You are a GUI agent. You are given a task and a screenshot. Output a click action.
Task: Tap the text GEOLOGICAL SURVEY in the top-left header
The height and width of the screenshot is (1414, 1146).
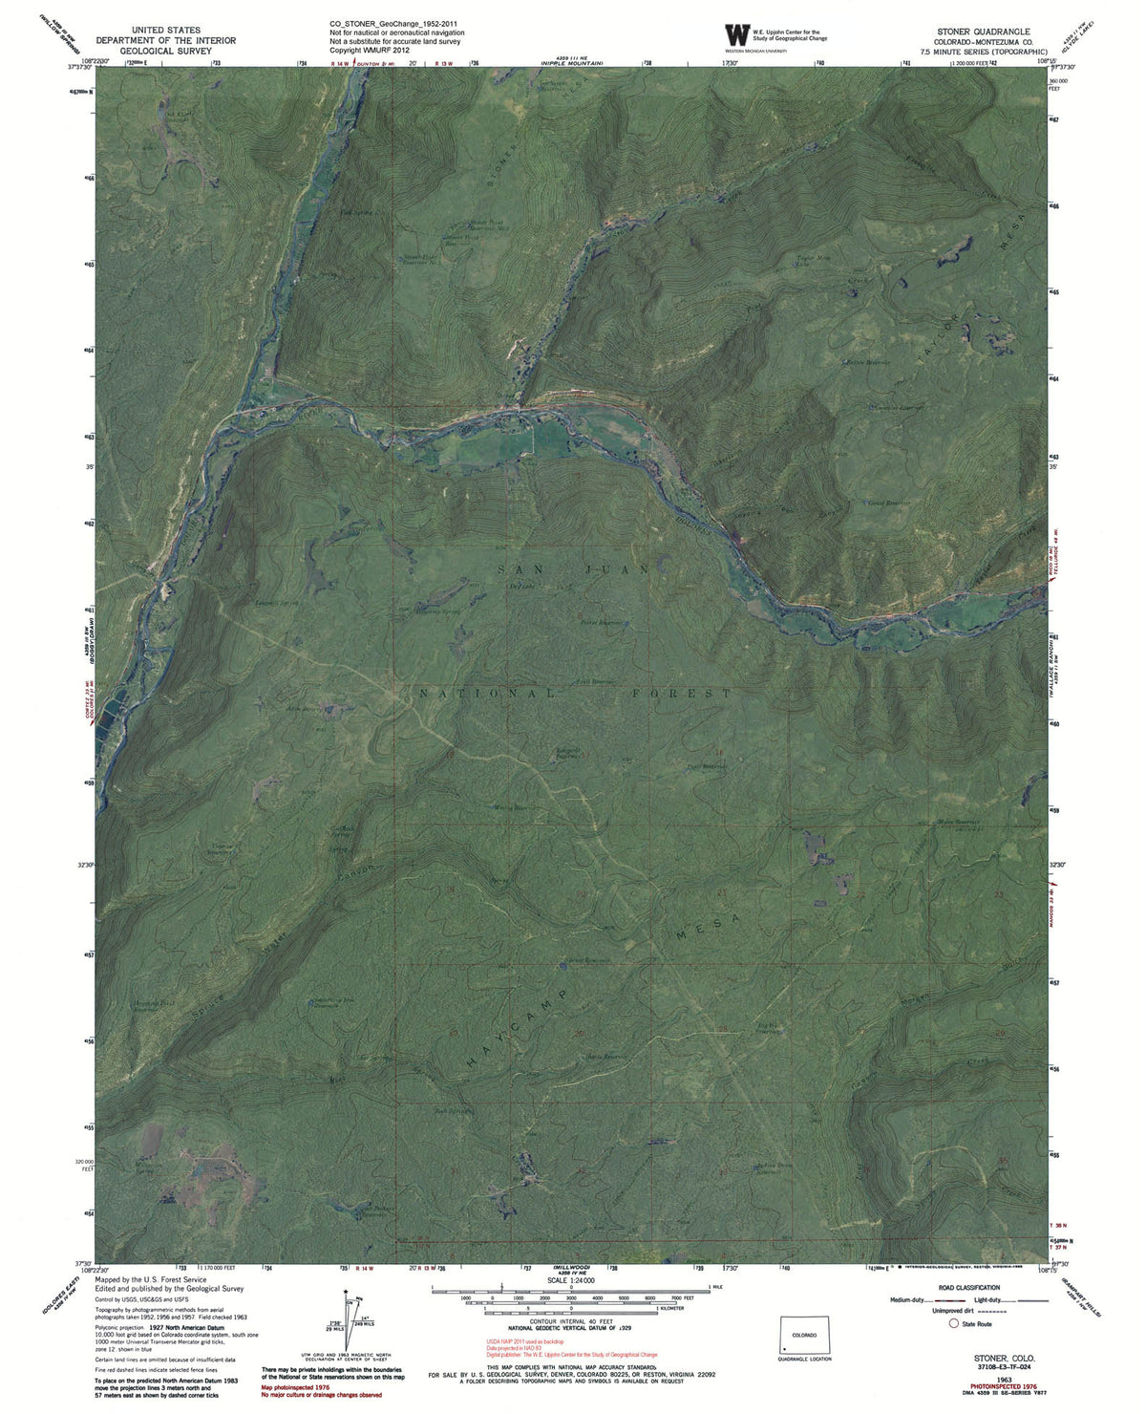coord(167,53)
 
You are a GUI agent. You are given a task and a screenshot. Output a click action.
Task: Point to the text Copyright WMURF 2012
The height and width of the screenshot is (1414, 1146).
coord(370,51)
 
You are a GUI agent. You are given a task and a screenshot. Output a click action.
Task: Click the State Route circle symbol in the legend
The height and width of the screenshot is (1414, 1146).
coord(952,1324)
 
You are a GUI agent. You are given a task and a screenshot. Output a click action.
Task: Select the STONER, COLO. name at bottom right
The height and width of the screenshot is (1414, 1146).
coord(1004,1357)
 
